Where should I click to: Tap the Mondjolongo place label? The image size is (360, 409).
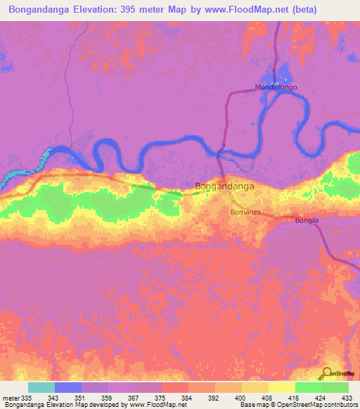tap(276, 88)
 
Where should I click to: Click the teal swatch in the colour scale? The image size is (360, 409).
tap(41, 387)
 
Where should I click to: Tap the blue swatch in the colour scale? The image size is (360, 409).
tap(68, 387)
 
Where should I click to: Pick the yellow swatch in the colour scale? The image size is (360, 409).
tap(282, 387)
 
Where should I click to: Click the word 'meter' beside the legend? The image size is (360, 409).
tap(11, 397)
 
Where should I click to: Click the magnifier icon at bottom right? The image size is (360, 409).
tap(326, 373)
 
